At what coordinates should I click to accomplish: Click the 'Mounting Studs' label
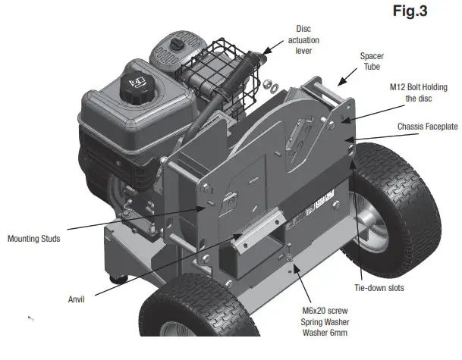[x=34, y=238]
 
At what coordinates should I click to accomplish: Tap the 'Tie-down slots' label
[x=379, y=288]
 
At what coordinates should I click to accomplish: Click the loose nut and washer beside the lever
[x=267, y=83]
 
